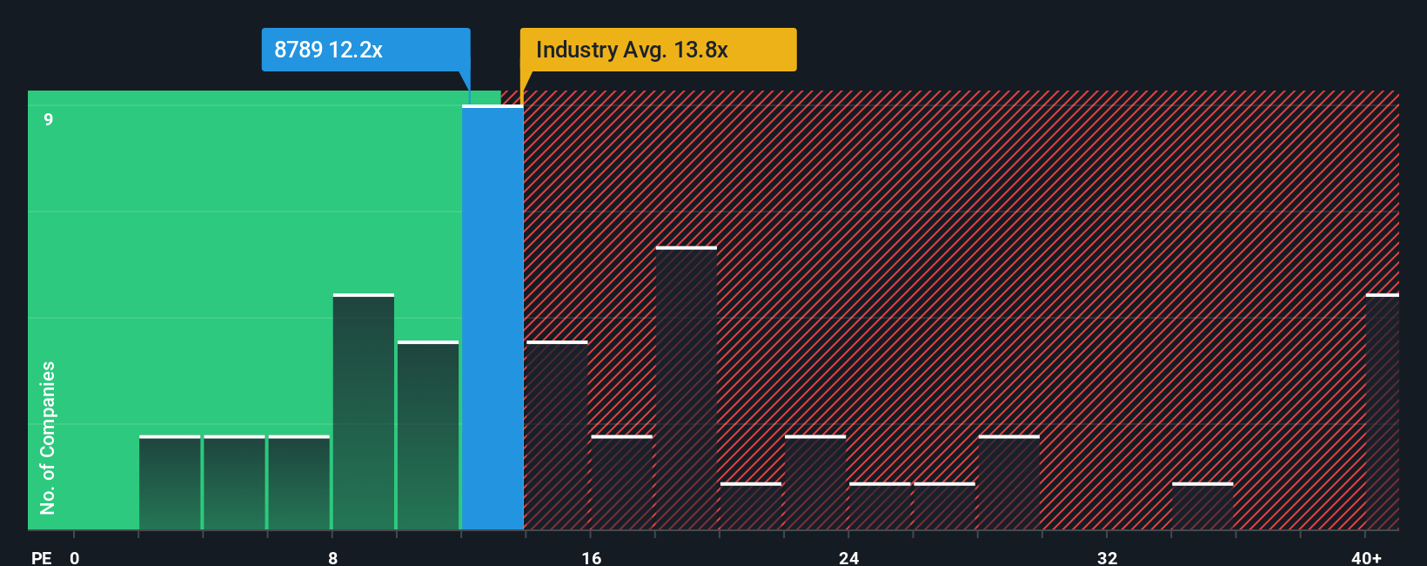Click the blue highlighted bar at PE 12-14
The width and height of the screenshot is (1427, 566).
click(x=492, y=318)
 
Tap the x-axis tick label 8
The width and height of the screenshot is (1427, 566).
click(x=332, y=557)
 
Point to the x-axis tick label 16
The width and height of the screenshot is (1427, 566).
click(x=591, y=557)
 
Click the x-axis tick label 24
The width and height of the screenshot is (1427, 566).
click(x=849, y=557)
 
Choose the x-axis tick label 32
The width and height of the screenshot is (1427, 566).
click(x=1107, y=557)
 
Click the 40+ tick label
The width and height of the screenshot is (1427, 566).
click(x=1366, y=557)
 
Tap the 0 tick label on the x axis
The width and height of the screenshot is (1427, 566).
click(x=75, y=557)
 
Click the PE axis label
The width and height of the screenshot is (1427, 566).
click(x=41, y=557)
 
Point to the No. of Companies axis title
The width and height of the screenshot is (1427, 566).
click(x=48, y=437)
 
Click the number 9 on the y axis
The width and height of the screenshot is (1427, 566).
click(x=49, y=119)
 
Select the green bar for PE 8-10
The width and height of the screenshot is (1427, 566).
click(x=364, y=412)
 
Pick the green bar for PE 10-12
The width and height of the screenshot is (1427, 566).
click(x=428, y=435)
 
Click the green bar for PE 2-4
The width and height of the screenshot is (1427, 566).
click(x=170, y=482)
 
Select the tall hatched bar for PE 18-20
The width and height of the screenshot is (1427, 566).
click(x=687, y=388)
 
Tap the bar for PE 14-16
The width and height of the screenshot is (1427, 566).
click(x=557, y=435)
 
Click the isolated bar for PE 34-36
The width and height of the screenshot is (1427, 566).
click(x=1203, y=507)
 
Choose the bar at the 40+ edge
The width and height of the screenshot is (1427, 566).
click(x=1382, y=412)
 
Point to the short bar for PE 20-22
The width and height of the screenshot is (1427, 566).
click(x=751, y=507)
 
